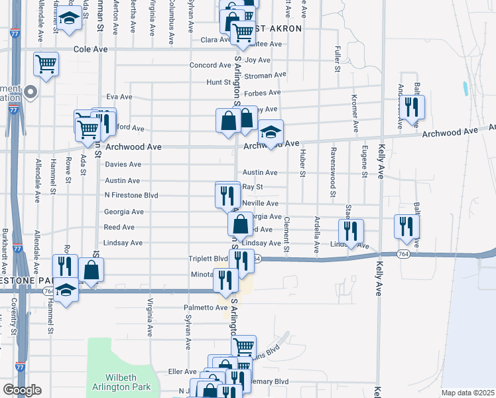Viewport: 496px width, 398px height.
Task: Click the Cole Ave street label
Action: pos(90,49)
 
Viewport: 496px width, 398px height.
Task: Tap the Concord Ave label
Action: pos(210,66)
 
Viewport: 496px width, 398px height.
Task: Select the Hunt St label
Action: pos(217,82)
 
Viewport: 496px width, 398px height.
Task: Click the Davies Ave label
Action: pos(123,165)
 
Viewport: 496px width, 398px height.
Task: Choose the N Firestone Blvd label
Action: pos(131,196)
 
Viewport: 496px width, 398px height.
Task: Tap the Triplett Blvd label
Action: pos(209,259)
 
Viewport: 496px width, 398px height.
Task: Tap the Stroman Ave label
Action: pos(265,76)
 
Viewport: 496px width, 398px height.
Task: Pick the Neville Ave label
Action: pos(261,204)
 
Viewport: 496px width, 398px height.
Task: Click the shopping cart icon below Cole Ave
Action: pos(46,64)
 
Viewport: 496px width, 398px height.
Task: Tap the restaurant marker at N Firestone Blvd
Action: pos(227,194)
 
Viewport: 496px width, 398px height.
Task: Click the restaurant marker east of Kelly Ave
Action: pos(407,226)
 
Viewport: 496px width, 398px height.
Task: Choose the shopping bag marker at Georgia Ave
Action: pos(240,224)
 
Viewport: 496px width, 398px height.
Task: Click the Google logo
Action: pos(21,390)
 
